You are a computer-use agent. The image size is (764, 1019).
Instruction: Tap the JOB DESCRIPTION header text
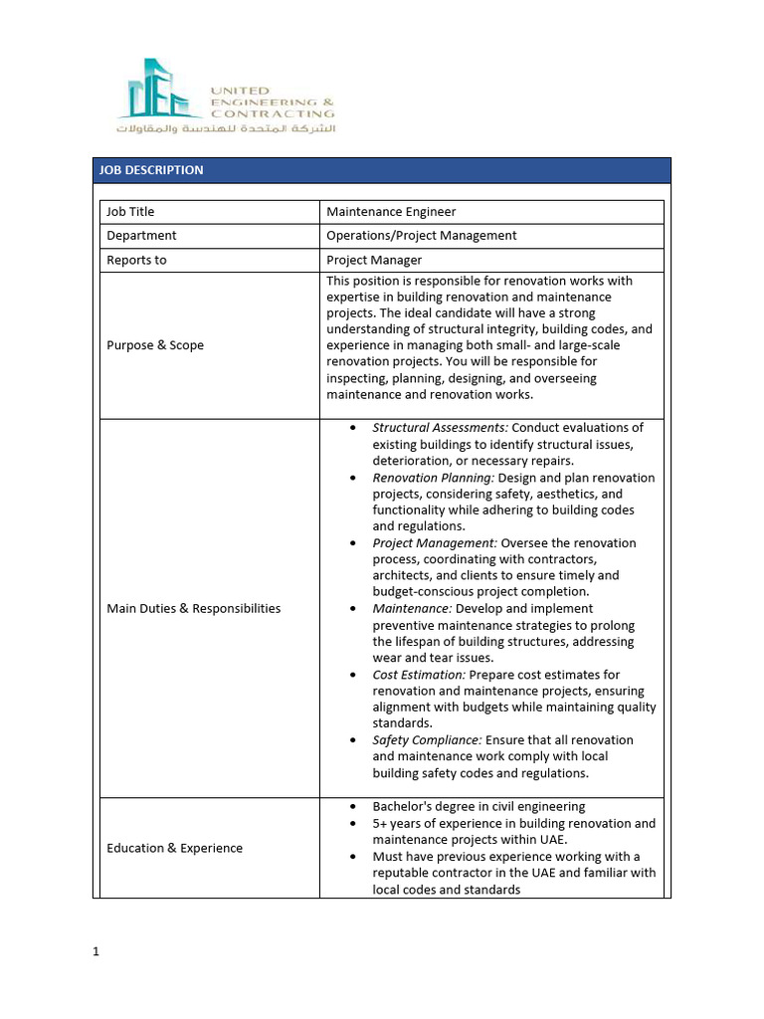(151, 170)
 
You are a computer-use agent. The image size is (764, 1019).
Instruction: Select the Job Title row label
(130, 212)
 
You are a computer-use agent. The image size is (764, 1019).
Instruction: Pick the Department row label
(141, 236)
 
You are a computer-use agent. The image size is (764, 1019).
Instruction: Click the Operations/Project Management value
(422, 236)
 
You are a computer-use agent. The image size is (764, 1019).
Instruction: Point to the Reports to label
(136, 260)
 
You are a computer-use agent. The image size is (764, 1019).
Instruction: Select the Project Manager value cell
(374, 260)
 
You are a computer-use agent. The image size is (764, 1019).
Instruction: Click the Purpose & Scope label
(155, 345)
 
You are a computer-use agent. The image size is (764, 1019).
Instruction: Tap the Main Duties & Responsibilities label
(193, 608)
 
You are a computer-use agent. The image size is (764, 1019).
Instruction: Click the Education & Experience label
(174, 848)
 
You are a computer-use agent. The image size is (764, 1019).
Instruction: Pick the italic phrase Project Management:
(435, 543)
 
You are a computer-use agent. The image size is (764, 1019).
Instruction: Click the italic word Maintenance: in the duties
(412, 608)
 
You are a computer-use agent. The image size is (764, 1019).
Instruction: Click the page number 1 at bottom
(96, 951)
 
